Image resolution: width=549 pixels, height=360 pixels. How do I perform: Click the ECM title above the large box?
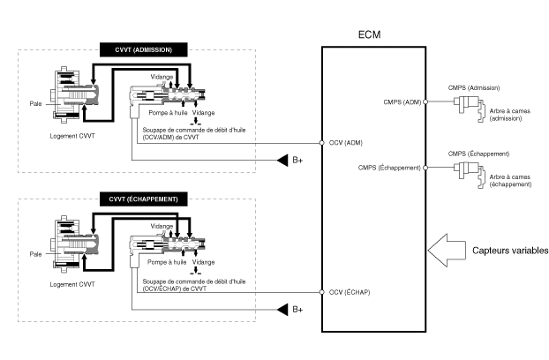370,34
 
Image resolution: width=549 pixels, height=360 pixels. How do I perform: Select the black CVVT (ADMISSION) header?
144,49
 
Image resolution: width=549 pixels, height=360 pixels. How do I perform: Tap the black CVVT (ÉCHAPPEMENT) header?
144,199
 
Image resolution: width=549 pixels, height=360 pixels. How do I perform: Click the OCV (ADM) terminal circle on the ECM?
322,143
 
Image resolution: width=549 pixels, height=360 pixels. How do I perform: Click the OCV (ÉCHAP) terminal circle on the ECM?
322,292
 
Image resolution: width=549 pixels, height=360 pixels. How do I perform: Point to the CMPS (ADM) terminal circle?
425,101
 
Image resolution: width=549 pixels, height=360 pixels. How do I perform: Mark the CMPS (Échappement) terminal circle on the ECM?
425,168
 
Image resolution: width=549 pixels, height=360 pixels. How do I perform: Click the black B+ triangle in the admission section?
282,161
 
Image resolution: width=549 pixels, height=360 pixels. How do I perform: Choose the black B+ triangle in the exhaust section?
282,310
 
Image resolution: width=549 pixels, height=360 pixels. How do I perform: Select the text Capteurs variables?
510,251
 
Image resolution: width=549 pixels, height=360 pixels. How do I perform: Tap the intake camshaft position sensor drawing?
470,107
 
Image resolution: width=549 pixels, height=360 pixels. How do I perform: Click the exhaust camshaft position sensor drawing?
470,173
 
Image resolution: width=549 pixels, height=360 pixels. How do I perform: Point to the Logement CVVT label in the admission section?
72,136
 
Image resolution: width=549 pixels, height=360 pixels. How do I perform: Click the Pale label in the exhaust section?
35,254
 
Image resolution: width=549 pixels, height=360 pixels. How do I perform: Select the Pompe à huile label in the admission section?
168,113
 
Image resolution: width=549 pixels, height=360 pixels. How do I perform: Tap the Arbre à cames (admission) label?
510,115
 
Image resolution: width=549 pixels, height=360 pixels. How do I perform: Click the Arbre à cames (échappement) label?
510,181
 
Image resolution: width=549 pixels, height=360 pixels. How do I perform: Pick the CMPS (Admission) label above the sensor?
474,88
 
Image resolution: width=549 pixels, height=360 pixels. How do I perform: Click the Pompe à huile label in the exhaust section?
167,262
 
